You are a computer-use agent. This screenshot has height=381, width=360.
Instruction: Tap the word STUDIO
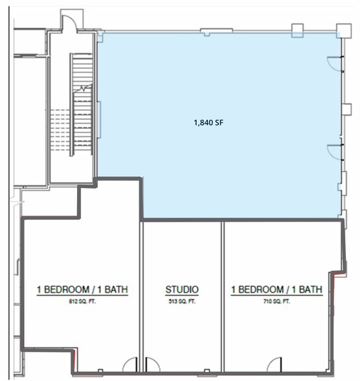coord(182,290)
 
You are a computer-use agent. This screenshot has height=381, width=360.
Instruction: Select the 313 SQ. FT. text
coord(182,301)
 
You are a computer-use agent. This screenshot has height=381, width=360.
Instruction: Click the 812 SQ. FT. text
coord(82,301)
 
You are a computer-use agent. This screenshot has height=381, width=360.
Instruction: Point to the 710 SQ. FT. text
coord(276,301)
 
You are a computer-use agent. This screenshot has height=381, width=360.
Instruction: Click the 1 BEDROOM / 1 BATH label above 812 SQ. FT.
coord(82,290)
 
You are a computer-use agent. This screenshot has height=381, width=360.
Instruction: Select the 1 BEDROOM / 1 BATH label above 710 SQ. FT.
coord(276,290)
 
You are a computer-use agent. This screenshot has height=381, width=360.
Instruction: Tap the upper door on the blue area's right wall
coord(334,63)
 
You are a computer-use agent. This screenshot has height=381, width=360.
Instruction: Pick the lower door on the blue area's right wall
coord(334,151)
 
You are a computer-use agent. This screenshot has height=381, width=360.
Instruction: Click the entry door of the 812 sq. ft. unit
coord(130,365)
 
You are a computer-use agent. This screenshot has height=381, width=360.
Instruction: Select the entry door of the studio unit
coord(152,365)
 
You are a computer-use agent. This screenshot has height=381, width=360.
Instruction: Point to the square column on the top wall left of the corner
coord(297,29)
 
